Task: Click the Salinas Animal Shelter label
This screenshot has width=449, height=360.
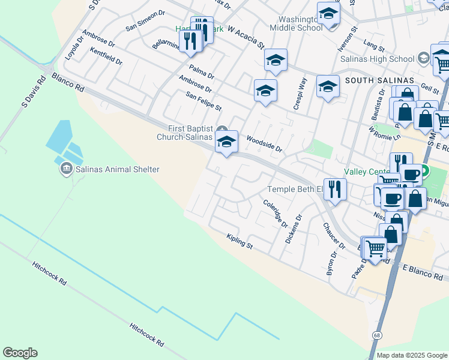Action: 117,169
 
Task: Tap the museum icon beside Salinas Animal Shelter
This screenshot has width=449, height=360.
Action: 65,169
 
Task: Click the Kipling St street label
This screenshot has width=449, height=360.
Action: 240,242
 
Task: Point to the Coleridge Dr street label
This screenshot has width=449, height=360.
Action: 276,213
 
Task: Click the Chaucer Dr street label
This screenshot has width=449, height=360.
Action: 334,236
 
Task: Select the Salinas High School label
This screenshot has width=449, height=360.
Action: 377,59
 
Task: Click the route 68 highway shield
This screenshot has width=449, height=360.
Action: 376,335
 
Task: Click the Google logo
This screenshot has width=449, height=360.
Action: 20,353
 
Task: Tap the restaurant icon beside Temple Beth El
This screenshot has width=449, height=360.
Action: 334,189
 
